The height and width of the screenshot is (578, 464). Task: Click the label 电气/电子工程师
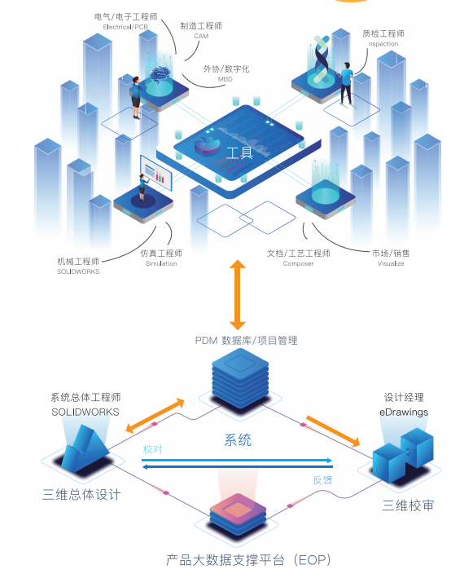pyautogui.click(x=125, y=16)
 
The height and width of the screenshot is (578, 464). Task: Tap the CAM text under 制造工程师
pyautogui.click(x=201, y=36)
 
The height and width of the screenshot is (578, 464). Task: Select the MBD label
pyautogui.click(x=225, y=79)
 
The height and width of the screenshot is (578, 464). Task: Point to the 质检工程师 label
pyautogui.click(x=383, y=34)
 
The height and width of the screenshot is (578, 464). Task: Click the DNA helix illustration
pyautogui.click(x=322, y=59)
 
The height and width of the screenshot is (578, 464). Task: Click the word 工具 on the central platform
pyautogui.click(x=239, y=152)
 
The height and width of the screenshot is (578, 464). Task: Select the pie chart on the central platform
pyautogui.click(x=207, y=146)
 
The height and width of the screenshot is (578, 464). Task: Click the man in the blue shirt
pyautogui.click(x=345, y=83)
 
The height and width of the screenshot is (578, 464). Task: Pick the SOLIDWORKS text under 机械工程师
pyautogui.click(x=78, y=271)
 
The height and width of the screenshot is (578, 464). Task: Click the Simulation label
pyautogui.click(x=161, y=263)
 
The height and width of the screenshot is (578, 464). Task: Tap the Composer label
pyautogui.click(x=298, y=263)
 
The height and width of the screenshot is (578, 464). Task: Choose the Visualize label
pyautogui.click(x=391, y=263)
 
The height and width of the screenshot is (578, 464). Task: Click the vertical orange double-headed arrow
pyautogui.click(x=238, y=294)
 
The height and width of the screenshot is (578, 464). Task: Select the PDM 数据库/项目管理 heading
pyautogui.click(x=246, y=340)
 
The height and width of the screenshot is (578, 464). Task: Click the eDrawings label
pyautogui.click(x=404, y=413)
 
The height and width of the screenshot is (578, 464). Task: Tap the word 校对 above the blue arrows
pyautogui.click(x=152, y=449)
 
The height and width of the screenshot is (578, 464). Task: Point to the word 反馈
pyautogui.click(x=322, y=480)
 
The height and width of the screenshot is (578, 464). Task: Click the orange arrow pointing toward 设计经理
pyautogui.click(x=333, y=431)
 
